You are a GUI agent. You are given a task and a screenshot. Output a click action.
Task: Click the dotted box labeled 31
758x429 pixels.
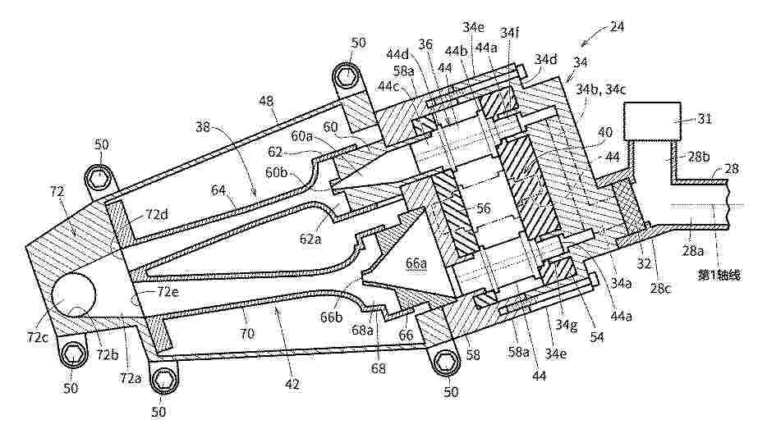652,121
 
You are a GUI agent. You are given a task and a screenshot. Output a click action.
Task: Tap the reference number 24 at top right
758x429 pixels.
617,26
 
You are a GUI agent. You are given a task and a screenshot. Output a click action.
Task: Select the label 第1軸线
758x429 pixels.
719,275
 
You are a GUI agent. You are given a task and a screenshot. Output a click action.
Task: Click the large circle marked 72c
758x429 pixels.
73,294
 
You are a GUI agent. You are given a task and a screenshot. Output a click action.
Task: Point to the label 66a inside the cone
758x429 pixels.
416,264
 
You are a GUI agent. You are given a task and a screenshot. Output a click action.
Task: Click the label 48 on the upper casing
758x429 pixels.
266,101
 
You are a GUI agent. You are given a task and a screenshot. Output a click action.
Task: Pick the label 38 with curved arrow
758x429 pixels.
204,127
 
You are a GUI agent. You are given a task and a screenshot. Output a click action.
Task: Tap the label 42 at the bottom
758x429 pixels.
292,384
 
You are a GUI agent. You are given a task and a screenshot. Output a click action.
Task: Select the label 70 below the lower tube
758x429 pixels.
247,333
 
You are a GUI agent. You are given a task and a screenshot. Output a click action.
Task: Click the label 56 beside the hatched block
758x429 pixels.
484,208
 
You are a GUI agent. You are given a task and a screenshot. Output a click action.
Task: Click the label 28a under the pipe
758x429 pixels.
693,251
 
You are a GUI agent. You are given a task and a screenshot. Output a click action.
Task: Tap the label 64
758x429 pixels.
218,190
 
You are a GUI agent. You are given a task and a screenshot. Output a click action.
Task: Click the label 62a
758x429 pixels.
310,238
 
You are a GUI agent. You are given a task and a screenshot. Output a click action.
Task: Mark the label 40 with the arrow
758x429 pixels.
604,132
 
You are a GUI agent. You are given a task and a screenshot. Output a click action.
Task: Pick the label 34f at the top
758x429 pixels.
510,32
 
